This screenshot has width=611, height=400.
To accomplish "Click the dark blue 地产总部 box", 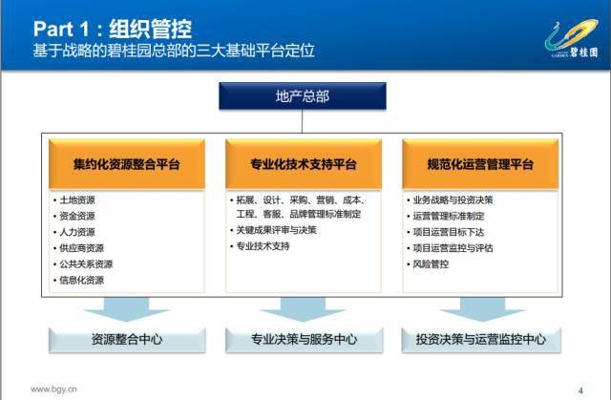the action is click(x=303, y=95).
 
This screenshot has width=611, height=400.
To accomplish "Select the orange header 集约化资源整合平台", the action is click(x=127, y=164).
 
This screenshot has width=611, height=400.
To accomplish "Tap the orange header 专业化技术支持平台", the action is click(x=304, y=164).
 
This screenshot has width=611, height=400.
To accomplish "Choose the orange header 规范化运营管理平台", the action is click(x=480, y=164).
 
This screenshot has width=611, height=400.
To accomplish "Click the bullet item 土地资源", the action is click(x=77, y=200).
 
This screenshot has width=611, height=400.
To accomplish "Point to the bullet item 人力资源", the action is click(x=77, y=232).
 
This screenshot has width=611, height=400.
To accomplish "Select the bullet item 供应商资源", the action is click(x=81, y=248).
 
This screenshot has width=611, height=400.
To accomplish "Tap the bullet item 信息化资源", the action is click(x=81, y=280).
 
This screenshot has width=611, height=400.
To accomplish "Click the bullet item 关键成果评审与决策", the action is click(x=276, y=230).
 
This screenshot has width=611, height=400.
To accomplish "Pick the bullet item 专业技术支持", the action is click(x=263, y=246).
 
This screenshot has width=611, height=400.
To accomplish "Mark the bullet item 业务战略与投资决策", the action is click(x=453, y=200).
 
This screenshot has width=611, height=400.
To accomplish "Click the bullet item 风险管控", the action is click(x=431, y=264).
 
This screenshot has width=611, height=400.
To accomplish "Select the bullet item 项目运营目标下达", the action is click(x=449, y=232).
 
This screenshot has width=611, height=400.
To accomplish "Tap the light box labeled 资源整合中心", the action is click(x=127, y=340).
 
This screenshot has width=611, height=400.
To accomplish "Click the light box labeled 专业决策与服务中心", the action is click(x=304, y=340).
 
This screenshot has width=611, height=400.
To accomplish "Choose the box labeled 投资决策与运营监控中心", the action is click(x=481, y=340).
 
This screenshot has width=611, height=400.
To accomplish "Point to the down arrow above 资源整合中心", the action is click(x=126, y=309).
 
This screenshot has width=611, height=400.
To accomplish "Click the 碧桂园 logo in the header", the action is click(x=572, y=39).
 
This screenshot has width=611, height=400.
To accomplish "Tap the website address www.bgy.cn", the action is click(x=53, y=389).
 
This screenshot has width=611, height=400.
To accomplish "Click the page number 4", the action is click(x=580, y=390).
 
